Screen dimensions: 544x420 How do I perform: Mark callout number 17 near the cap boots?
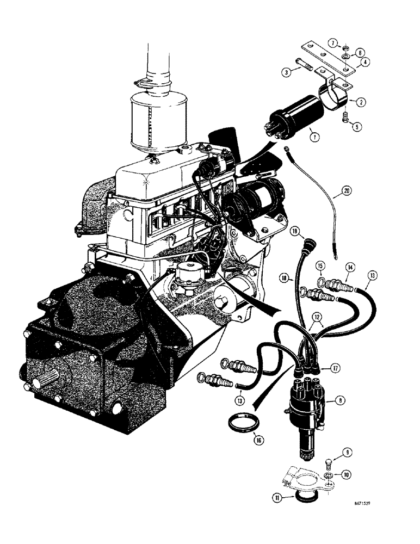pyautogui.click(x=336, y=368)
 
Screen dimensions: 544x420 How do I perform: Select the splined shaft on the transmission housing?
pyautogui.click(x=56, y=376)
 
